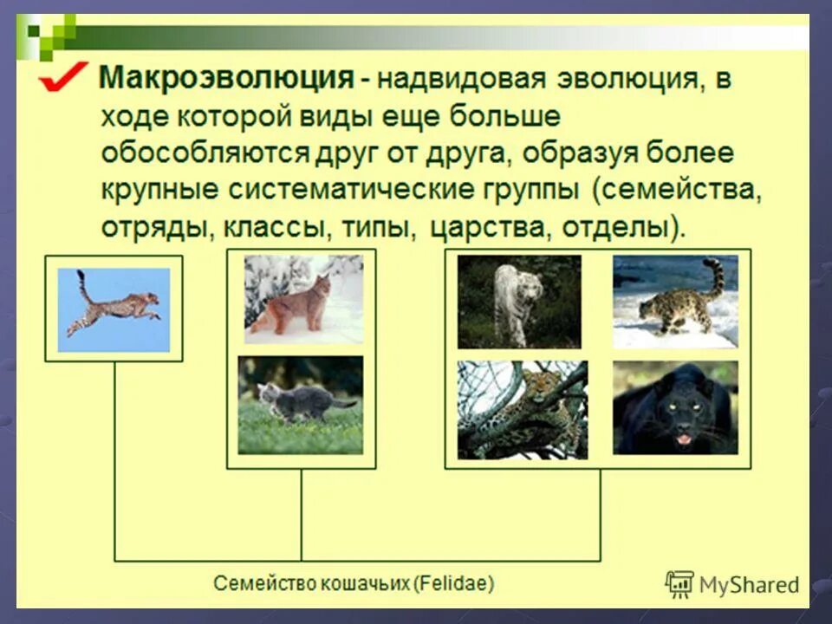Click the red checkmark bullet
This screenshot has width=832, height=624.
[62, 77]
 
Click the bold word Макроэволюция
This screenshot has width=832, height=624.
[226, 78]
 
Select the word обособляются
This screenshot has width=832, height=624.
[205, 153]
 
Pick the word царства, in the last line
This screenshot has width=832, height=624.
[489, 228]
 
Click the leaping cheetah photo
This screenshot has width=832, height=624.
[114, 310]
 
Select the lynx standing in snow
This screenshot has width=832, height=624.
[303, 300]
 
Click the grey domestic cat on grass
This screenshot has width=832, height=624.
[301, 405]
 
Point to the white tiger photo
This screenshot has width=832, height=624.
[519, 302]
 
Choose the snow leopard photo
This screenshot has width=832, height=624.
[675, 302]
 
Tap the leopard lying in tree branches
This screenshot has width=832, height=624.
[523, 410]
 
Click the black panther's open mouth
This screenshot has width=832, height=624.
[684, 439]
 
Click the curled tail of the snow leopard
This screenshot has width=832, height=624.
[718, 276]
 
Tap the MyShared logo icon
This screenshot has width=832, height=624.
[679, 585]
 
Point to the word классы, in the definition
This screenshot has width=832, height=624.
[273, 228]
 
